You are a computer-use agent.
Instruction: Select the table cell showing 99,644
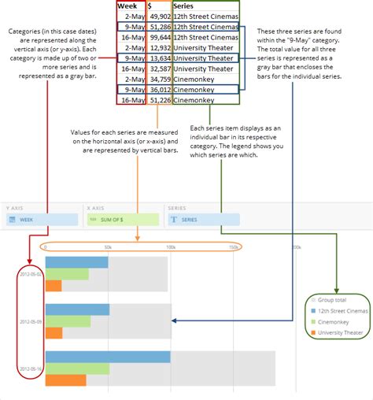(157, 37)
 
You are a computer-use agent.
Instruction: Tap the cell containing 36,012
(157, 89)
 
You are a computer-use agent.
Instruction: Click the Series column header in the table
(185, 6)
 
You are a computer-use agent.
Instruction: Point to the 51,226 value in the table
(157, 100)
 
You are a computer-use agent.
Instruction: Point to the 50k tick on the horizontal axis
(108, 247)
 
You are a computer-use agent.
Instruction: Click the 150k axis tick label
(234, 247)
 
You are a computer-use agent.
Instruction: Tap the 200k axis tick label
(296, 247)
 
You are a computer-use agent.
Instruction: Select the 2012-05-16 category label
(32, 369)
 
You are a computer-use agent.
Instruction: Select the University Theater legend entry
(339, 333)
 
